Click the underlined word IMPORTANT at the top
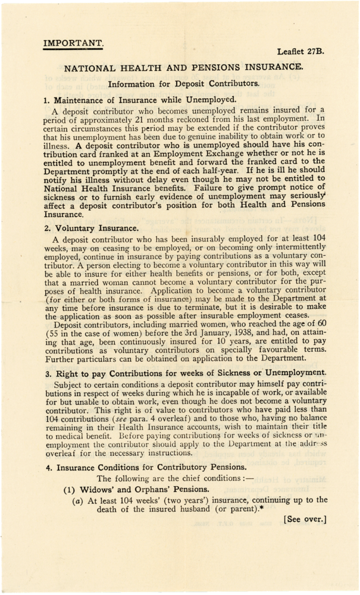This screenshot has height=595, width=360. click(x=73, y=42)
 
